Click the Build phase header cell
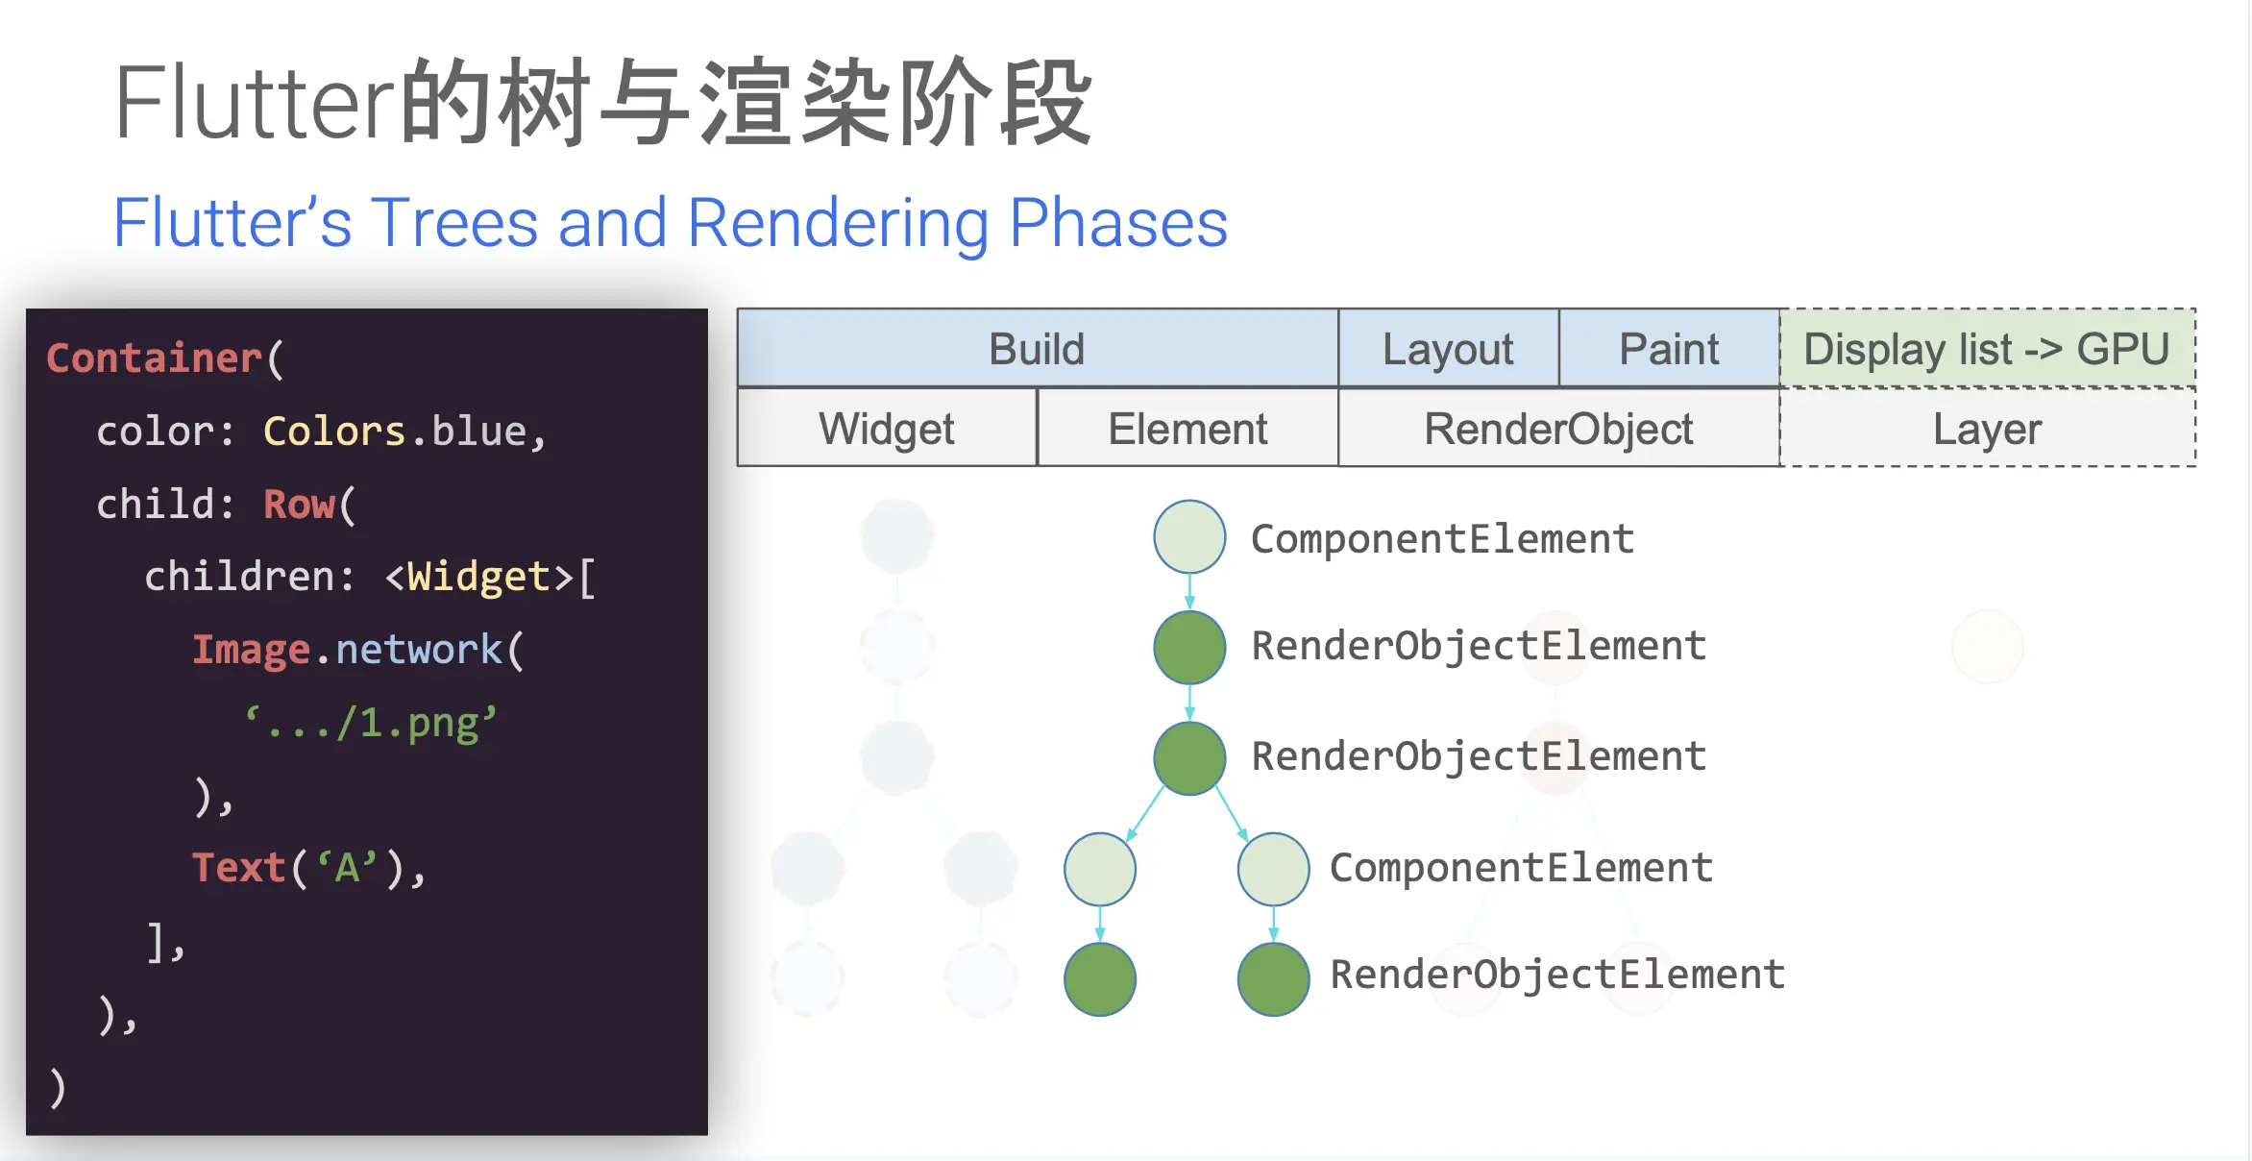pos(1037,349)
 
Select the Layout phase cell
pos(1448,349)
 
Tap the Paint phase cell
pos(1669,349)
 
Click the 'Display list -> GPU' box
pos(1987,349)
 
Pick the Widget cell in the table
pos(887,429)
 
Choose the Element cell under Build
pos(1187,429)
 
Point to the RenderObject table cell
pos(1558,429)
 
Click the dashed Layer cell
pos(1987,429)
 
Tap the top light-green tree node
pos(1189,536)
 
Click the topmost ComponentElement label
pos(1442,539)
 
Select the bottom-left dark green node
pos(1100,979)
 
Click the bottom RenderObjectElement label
pos(1557,975)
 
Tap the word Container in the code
pos(154,358)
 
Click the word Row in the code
pos(299,504)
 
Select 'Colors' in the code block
pos(334,431)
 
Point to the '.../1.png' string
pos(371,723)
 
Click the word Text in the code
pos(238,867)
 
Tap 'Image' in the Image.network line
pos(251,650)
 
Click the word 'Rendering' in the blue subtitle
pos(838,223)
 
